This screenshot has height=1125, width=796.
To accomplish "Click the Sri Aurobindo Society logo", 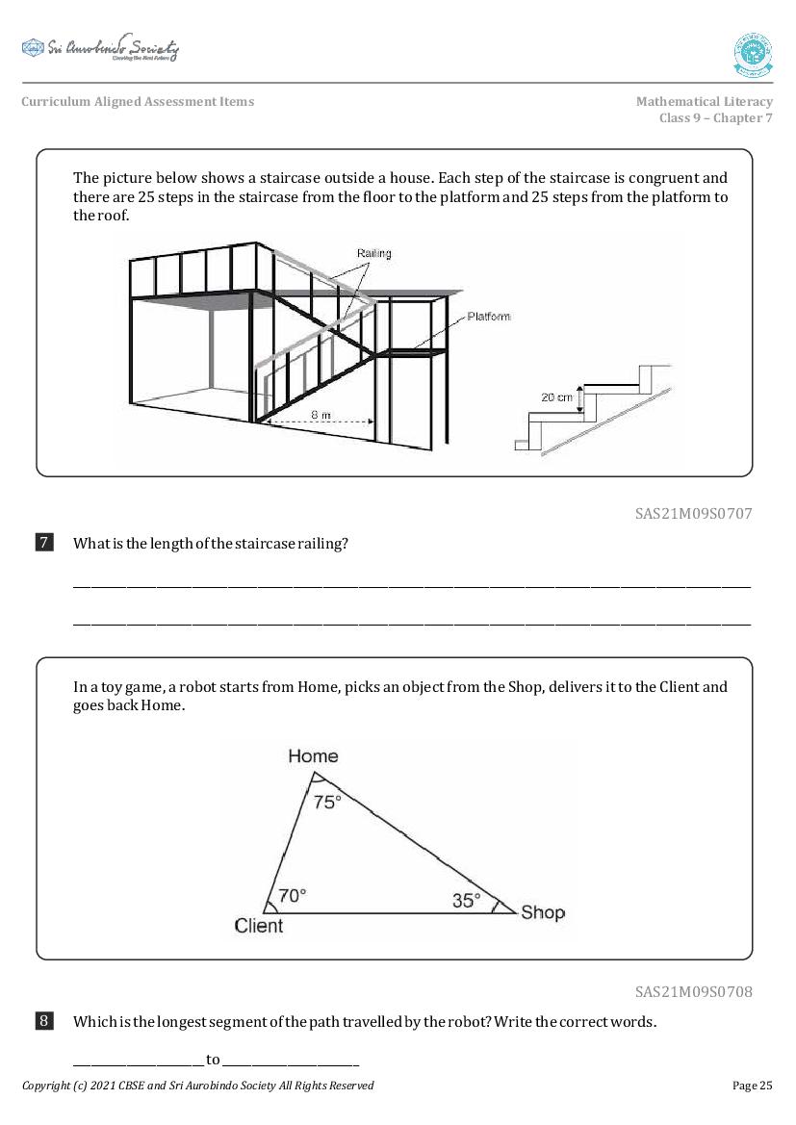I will click(100, 48).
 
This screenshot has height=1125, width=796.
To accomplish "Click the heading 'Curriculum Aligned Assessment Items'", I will click(138, 102).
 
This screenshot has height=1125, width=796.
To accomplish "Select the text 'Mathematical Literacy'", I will click(704, 102).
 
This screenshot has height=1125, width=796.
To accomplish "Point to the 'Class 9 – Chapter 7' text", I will click(715, 118).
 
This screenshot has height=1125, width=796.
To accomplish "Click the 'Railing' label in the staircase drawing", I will click(373, 254).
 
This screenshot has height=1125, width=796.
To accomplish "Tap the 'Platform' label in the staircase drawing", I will click(489, 317).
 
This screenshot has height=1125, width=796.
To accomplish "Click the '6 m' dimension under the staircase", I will click(321, 414).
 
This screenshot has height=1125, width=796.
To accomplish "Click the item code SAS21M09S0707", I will click(693, 514).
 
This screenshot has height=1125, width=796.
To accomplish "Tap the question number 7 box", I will click(44, 543).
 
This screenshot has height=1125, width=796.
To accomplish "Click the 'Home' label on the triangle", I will click(313, 756).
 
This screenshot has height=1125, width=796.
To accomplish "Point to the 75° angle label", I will click(326, 802).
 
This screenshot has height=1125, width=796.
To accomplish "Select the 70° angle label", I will click(292, 895).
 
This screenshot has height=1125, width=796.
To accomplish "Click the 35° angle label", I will click(466, 901).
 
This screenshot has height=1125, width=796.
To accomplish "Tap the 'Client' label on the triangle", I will click(259, 926).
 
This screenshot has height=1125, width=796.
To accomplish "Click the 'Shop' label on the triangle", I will click(543, 912).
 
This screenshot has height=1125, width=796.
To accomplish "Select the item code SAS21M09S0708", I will click(693, 991).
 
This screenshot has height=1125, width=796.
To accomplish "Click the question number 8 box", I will click(44, 1021).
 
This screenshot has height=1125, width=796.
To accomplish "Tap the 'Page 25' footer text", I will click(752, 1086).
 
